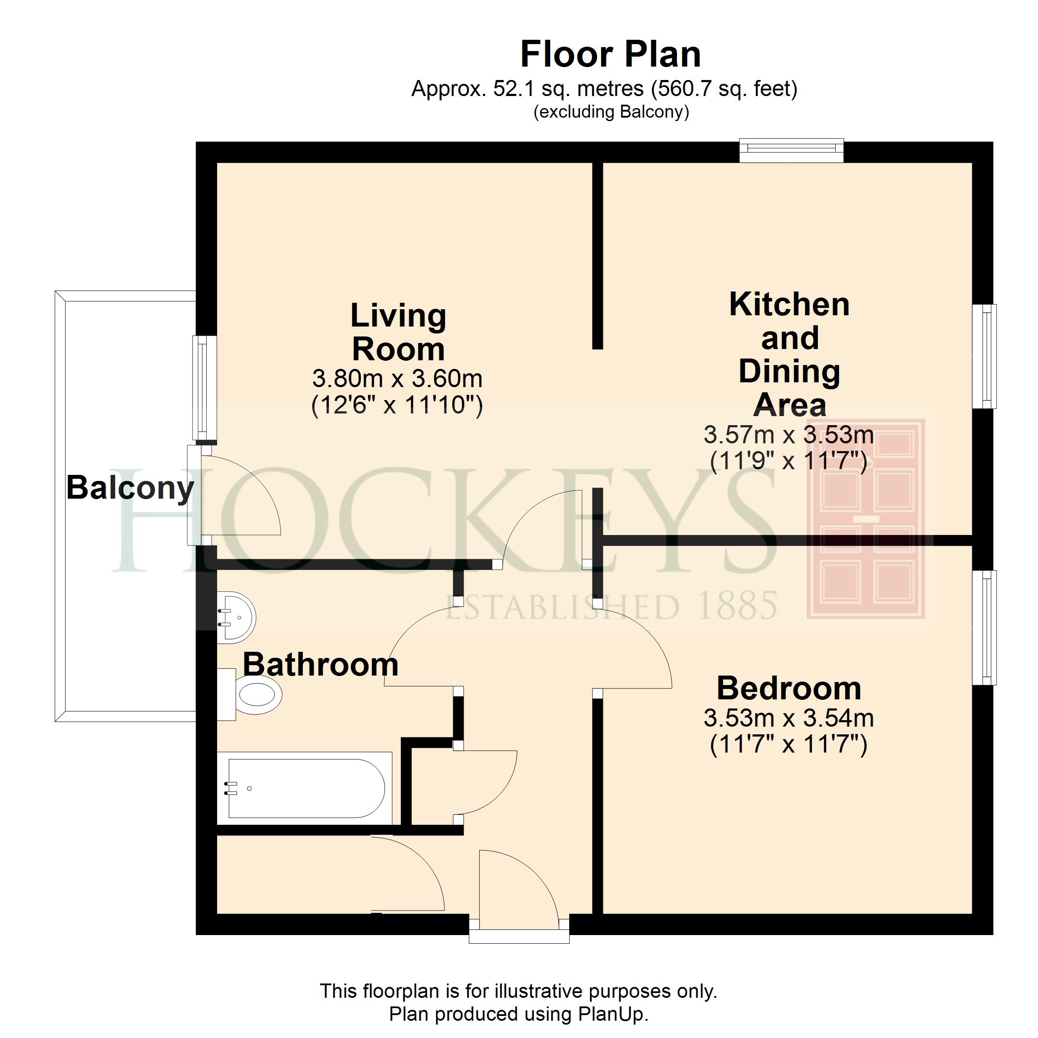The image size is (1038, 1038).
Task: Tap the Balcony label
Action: [130, 488]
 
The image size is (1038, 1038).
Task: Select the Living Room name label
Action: [398, 332]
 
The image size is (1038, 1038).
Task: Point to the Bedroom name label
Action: [789, 688]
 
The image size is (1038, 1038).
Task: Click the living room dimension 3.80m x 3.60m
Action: [397, 379]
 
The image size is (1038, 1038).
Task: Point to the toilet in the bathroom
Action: [250, 694]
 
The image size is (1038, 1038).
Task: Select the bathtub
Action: [304, 788]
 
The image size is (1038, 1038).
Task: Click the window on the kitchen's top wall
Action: [791, 151]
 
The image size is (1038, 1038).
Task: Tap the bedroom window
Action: [985, 628]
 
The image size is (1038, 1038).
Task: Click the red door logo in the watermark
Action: [865, 519]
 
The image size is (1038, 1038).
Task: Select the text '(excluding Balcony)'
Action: [611, 112]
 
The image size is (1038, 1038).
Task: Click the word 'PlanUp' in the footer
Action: [612, 1014]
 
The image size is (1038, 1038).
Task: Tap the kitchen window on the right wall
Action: [985, 357]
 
